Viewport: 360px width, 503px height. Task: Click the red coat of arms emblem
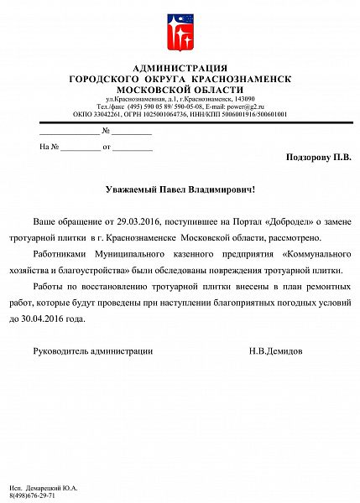(x=180, y=31)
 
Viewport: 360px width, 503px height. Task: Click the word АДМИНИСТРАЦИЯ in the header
(x=180, y=68)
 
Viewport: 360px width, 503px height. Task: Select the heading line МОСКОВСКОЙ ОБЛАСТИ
(x=180, y=88)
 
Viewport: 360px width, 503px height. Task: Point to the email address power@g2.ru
(x=240, y=106)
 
